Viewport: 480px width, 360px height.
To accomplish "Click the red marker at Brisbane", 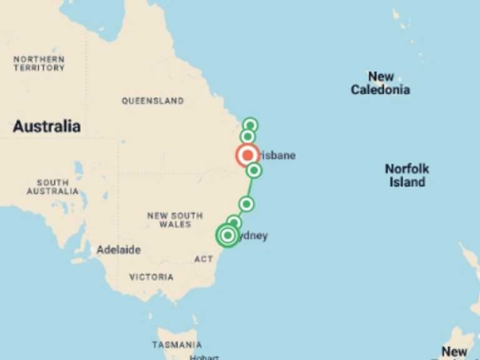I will [x=247, y=155].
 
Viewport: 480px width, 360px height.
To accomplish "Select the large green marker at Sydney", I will [x=228, y=235].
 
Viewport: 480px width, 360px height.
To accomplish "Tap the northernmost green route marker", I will [x=250, y=125].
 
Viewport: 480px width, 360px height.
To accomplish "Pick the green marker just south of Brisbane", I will [x=253, y=170].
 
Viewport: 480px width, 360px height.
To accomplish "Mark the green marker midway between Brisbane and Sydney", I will [x=246, y=204].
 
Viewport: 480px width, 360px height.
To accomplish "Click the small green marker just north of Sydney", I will [x=234, y=222].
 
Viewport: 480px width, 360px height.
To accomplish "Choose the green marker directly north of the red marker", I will [x=247, y=136].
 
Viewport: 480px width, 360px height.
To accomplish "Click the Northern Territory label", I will [x=39, y=63].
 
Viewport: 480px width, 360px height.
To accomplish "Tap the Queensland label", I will [x=152, y=101].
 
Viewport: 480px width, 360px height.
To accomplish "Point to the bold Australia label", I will [x=46, y=126].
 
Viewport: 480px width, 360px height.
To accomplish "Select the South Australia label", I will [x=52, y=187].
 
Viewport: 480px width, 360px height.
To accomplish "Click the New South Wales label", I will [x=175, y=219].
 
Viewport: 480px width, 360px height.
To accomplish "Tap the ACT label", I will [x=204, y=259].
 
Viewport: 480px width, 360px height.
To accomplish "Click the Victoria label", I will [x=151, y=276].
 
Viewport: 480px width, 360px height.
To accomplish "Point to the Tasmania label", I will [x=177, y=344].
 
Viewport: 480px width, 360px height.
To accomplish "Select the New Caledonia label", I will [x=380, y=83].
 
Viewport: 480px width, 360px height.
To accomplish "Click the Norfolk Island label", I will [x=407, y=176].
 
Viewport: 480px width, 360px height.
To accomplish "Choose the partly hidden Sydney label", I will [x=253, y=236].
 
